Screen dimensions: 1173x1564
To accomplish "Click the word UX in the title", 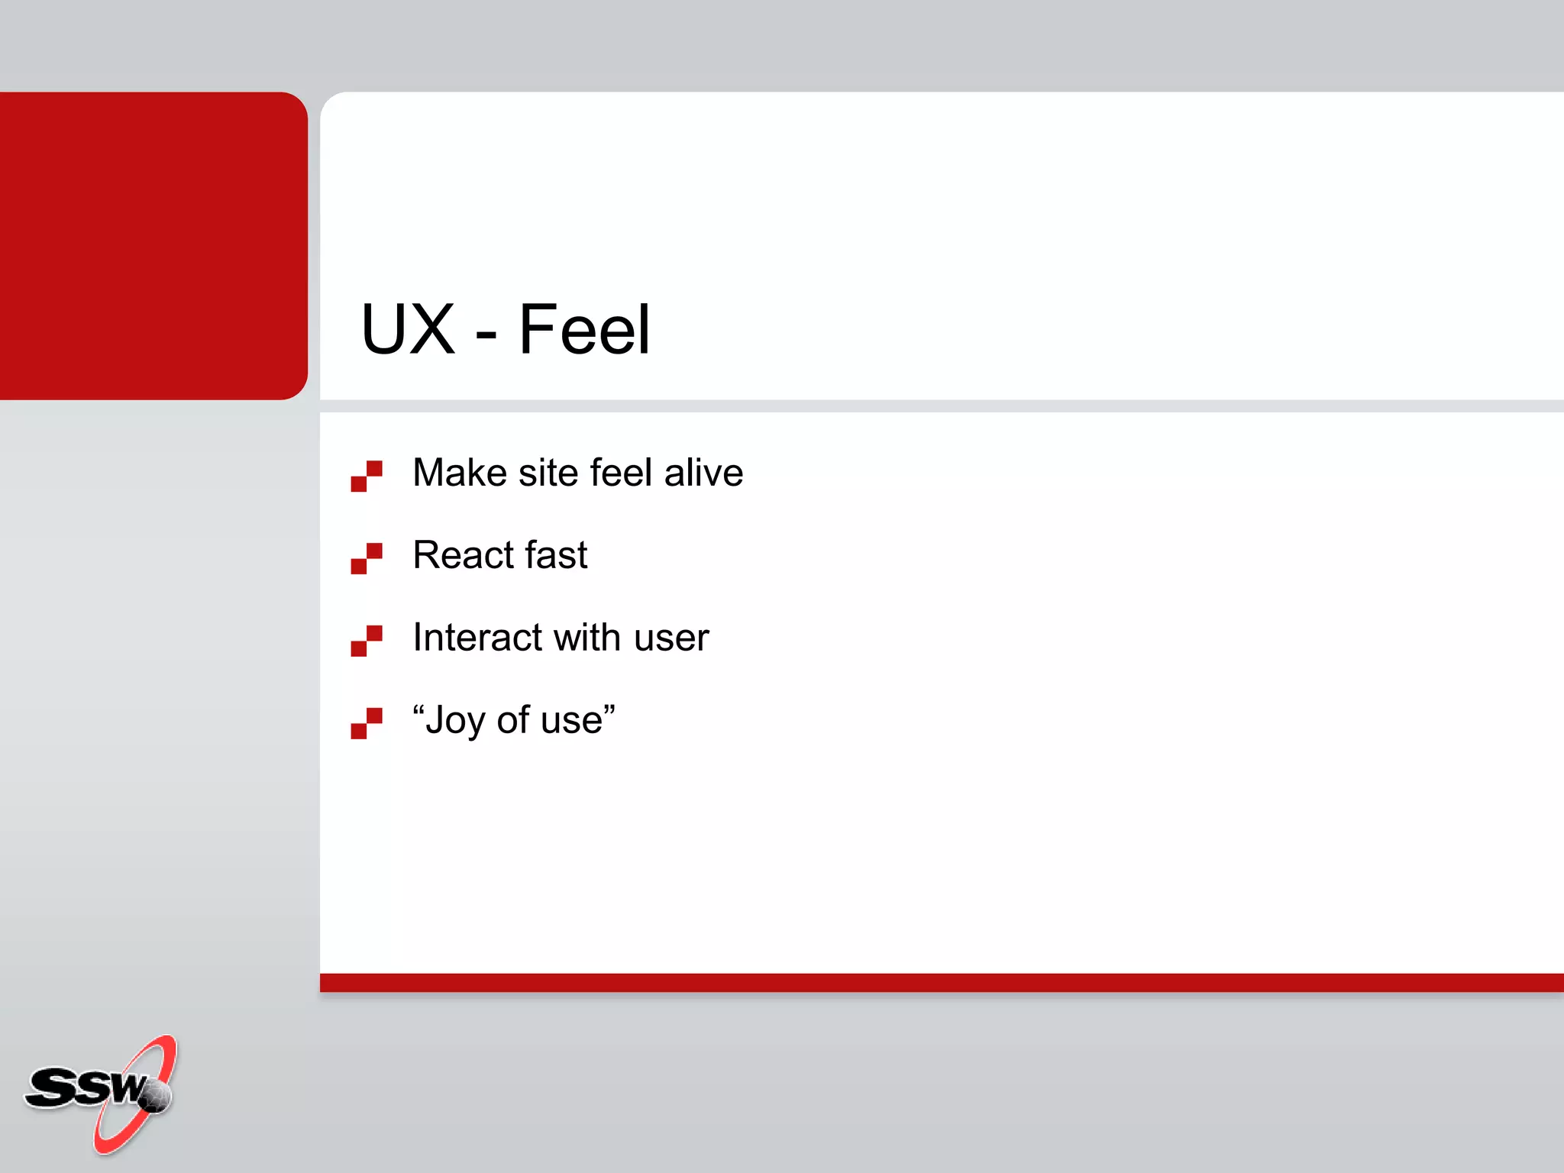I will tap(408, 330).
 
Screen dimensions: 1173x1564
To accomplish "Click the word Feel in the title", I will tap(584, 330).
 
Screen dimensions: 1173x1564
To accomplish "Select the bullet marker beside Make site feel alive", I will tap(367, 476).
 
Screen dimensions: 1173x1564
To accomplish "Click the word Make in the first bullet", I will tap(459, 473).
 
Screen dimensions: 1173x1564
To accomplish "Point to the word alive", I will tap(703, 473).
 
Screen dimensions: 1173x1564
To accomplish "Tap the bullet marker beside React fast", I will tap(367, 558).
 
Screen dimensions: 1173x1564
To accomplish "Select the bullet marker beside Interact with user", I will tap(367, 641).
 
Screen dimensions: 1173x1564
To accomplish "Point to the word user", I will tap(671, 638).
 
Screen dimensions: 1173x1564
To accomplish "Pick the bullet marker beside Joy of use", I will tap(367, 723).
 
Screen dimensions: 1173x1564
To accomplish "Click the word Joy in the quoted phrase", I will tap(455, 721).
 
